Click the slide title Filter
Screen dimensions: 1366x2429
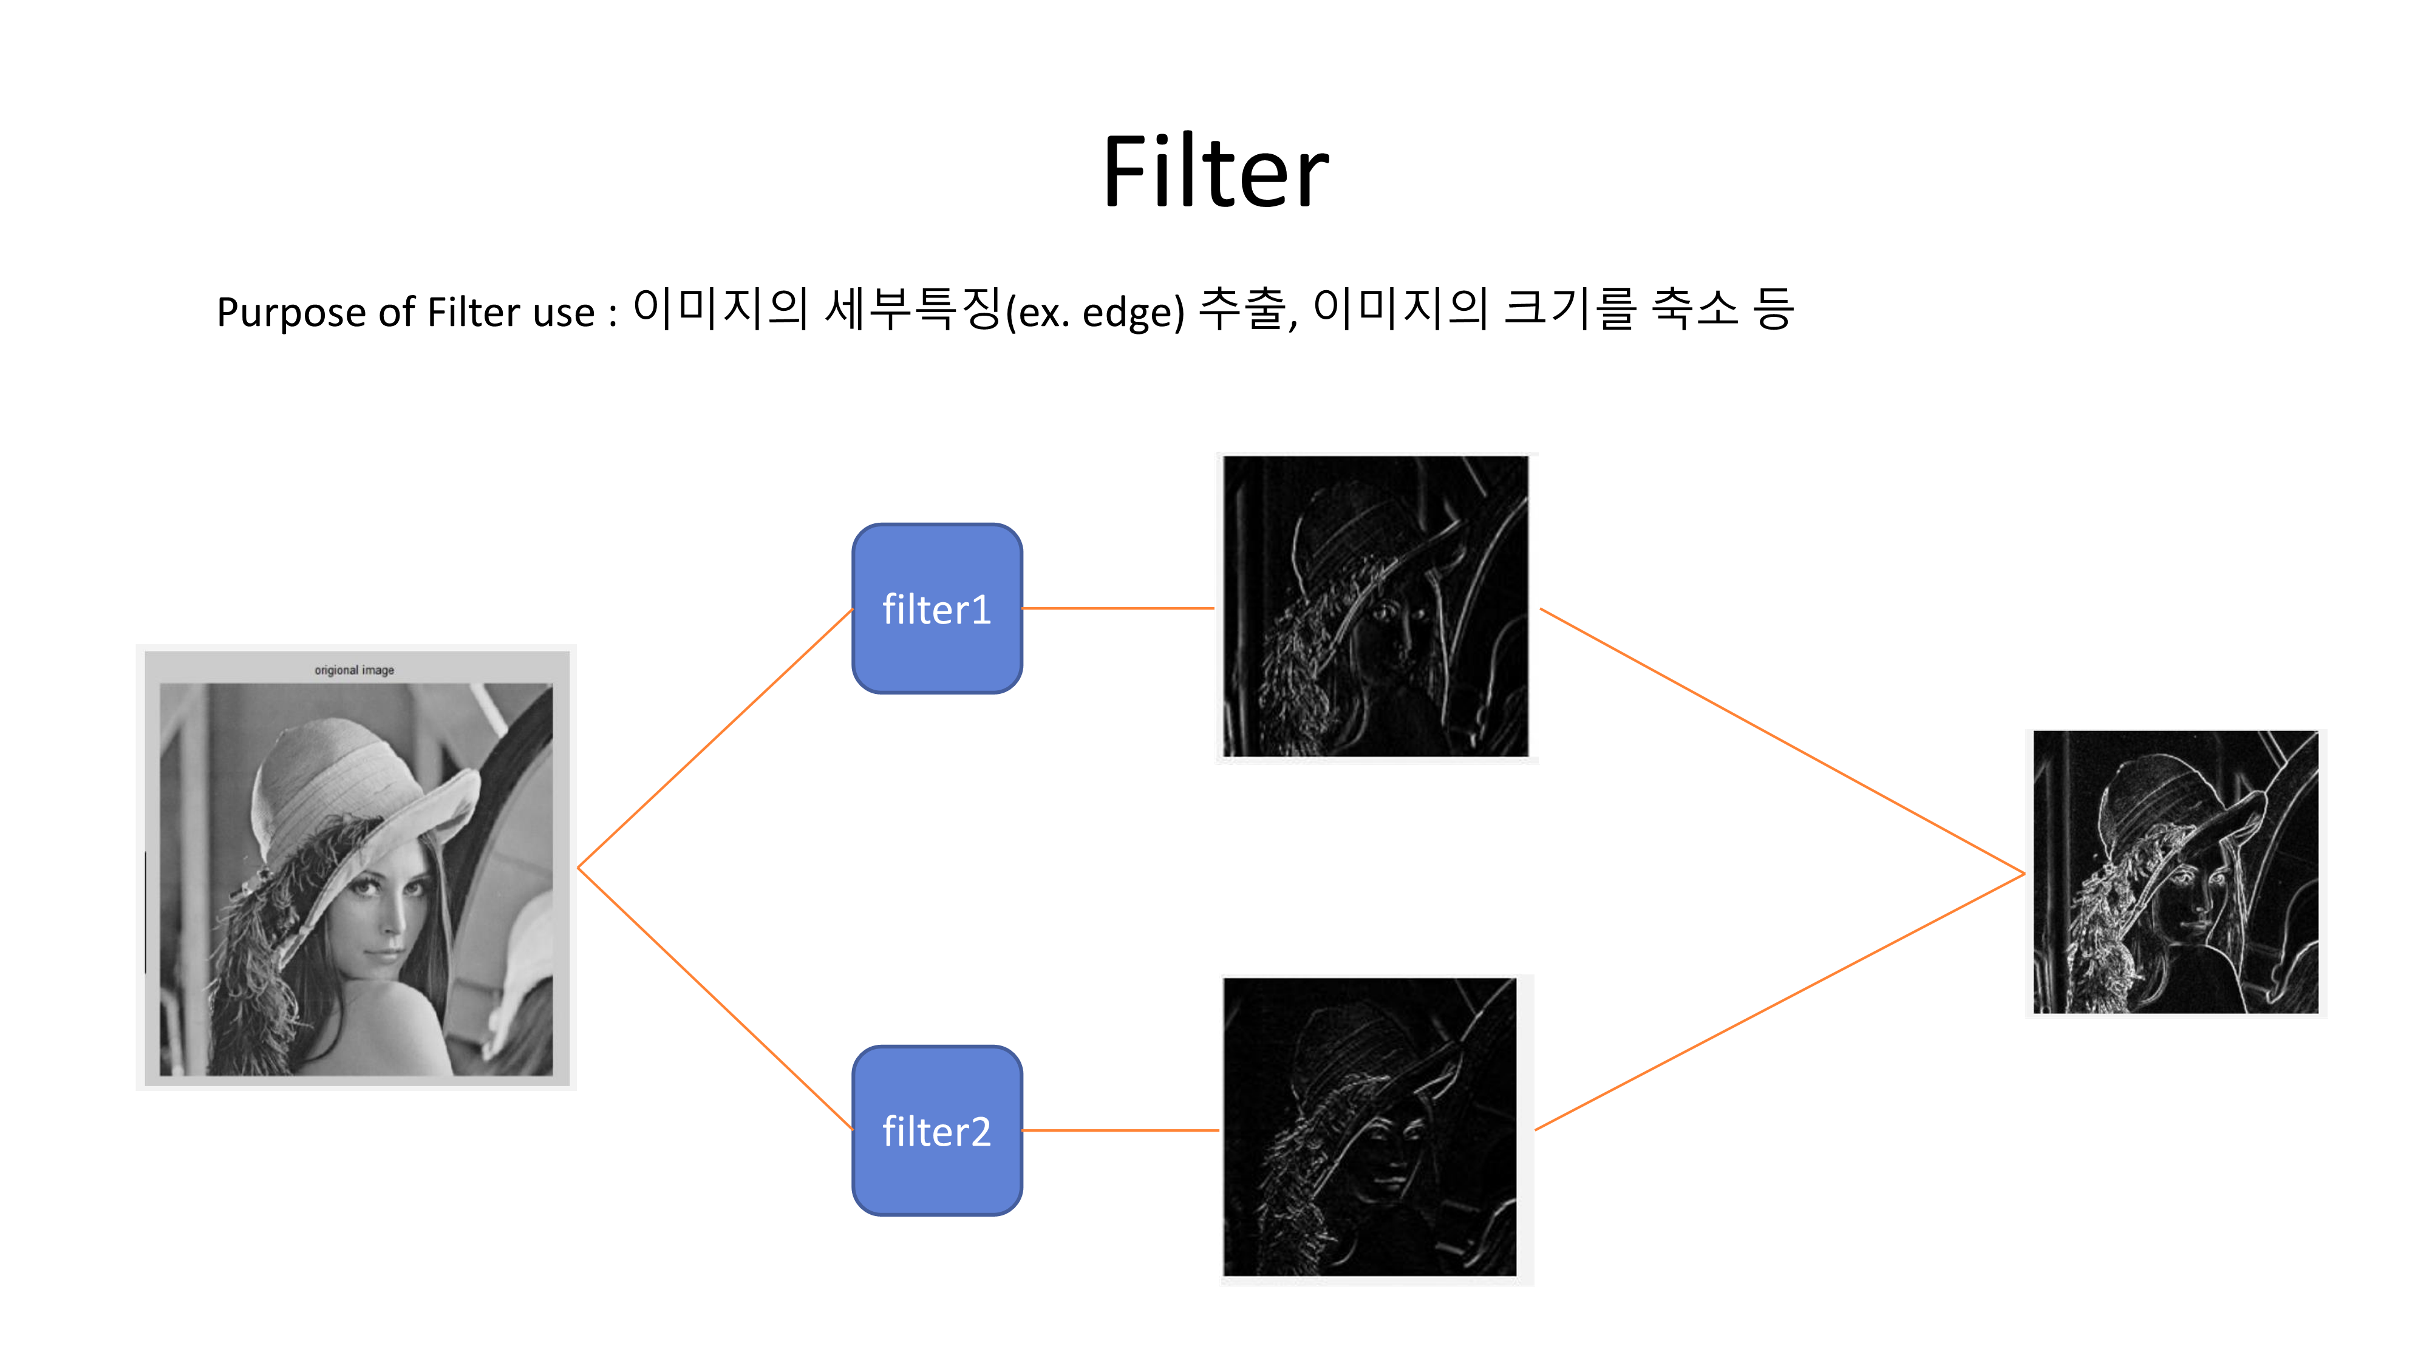tap(1214, 172)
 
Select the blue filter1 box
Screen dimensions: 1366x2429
tap(936, 609)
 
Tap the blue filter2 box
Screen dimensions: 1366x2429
tap(936, 1130)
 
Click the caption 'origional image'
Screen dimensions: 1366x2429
tap(355, 670)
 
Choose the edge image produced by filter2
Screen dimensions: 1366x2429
tap(1369, 1127)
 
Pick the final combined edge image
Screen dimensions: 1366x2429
tap(2175, 872)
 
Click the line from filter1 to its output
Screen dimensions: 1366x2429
tap(1119, 609)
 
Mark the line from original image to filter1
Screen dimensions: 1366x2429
tap(715, 738)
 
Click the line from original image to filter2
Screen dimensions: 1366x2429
tap(715, 997)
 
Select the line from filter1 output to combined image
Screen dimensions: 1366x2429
tap(1782, 741)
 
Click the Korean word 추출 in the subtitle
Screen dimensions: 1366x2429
tap(1243, 309)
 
